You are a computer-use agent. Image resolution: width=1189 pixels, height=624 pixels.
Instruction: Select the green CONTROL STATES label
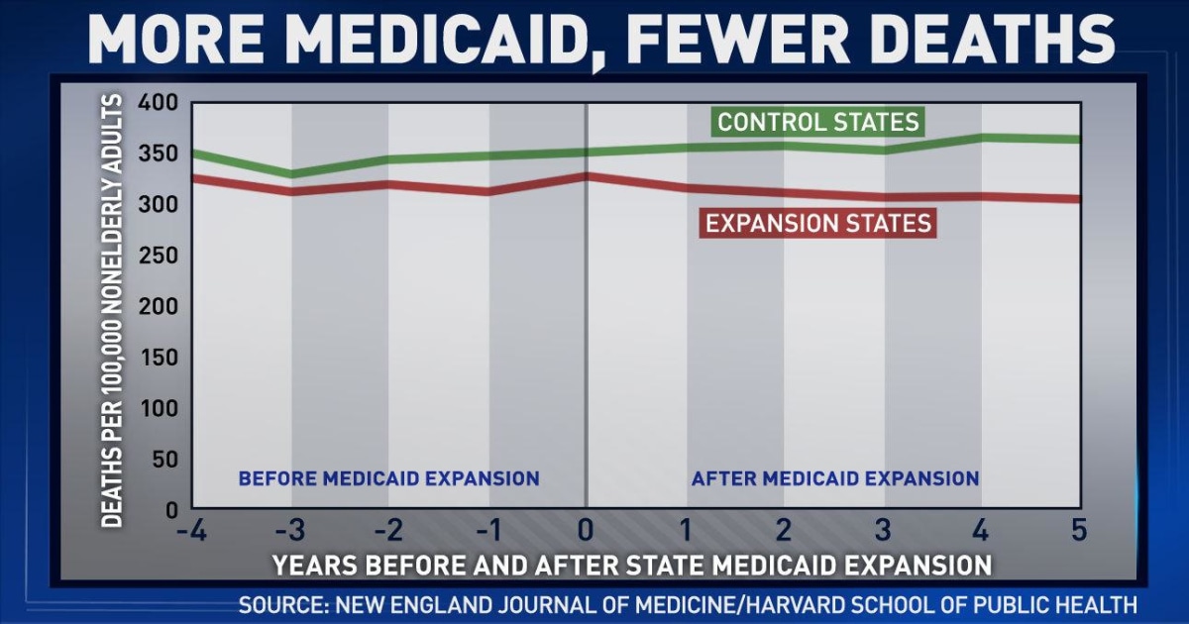[x=818, y=123]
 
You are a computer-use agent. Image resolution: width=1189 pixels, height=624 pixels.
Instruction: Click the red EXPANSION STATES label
[x=817, y=223]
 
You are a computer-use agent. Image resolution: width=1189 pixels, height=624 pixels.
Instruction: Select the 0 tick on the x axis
[x=587, y=531]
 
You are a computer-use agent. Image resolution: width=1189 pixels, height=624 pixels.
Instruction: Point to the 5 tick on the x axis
[x=1079, y=531]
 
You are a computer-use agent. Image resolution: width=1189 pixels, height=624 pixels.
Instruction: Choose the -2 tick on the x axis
[x=388, y=531]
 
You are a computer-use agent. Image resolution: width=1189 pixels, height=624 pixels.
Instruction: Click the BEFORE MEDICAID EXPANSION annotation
[x=388, y=479]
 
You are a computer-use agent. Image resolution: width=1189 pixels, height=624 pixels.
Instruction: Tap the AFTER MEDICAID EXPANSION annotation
[x=835, y=479]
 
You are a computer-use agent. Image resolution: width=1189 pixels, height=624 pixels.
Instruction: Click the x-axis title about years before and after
[x=632, y=566]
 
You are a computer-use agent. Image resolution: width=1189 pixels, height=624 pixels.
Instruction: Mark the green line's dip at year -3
[x=291, y=174]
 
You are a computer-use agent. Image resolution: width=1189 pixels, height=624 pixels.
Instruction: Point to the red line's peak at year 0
[x=587, y=176]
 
